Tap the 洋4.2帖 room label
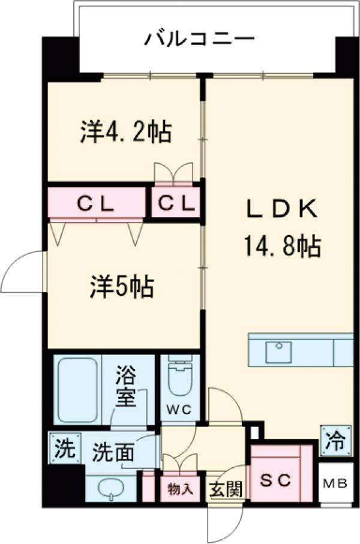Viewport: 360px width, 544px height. (x=126, y=132)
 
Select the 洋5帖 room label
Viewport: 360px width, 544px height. (x=122, y=287)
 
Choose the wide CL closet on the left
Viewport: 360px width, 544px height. (x=96, y=205)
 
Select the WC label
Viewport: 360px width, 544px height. (x=179, y=410)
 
